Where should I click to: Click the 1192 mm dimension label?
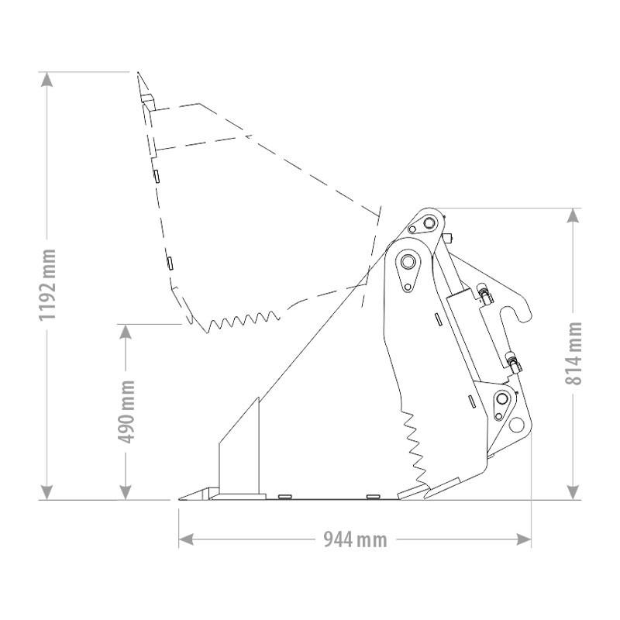tap(47, 284)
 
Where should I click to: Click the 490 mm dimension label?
tap(126, 412)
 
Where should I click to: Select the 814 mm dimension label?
tap(573, 353)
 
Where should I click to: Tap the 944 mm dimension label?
tap(355, 539)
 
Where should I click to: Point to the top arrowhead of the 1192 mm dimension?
tap(47, 80)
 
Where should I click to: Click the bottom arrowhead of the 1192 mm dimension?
tap(47, 492)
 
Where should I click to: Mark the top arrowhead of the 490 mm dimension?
tap(126, 332)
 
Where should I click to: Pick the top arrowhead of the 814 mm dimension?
tap(573, 215)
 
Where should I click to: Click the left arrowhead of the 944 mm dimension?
tap(186, 539)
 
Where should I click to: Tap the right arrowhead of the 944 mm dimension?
tap(524, 539)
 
